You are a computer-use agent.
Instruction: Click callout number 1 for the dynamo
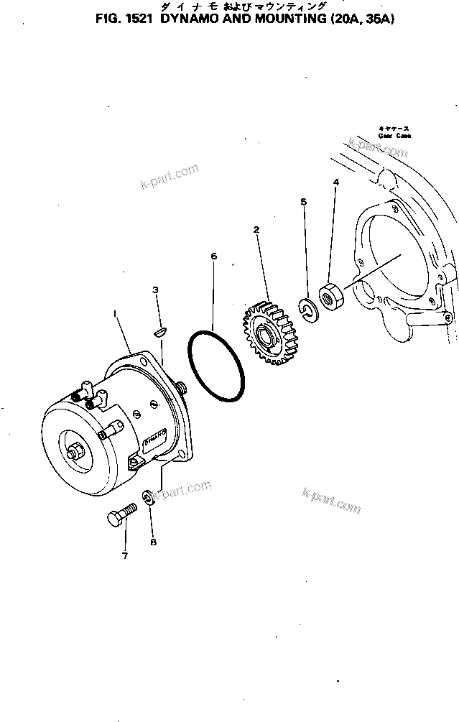tap(114, 313)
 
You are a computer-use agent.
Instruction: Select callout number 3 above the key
tap(154, 290)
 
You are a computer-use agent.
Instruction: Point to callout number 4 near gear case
tap(335, 183)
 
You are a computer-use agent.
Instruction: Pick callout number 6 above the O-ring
tap(213, 255)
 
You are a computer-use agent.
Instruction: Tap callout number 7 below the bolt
tap(125, 555)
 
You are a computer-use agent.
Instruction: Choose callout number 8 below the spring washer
tap(153, 542)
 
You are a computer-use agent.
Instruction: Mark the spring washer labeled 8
tap(148, 497)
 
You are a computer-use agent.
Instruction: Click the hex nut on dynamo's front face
tap(75, 453)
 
